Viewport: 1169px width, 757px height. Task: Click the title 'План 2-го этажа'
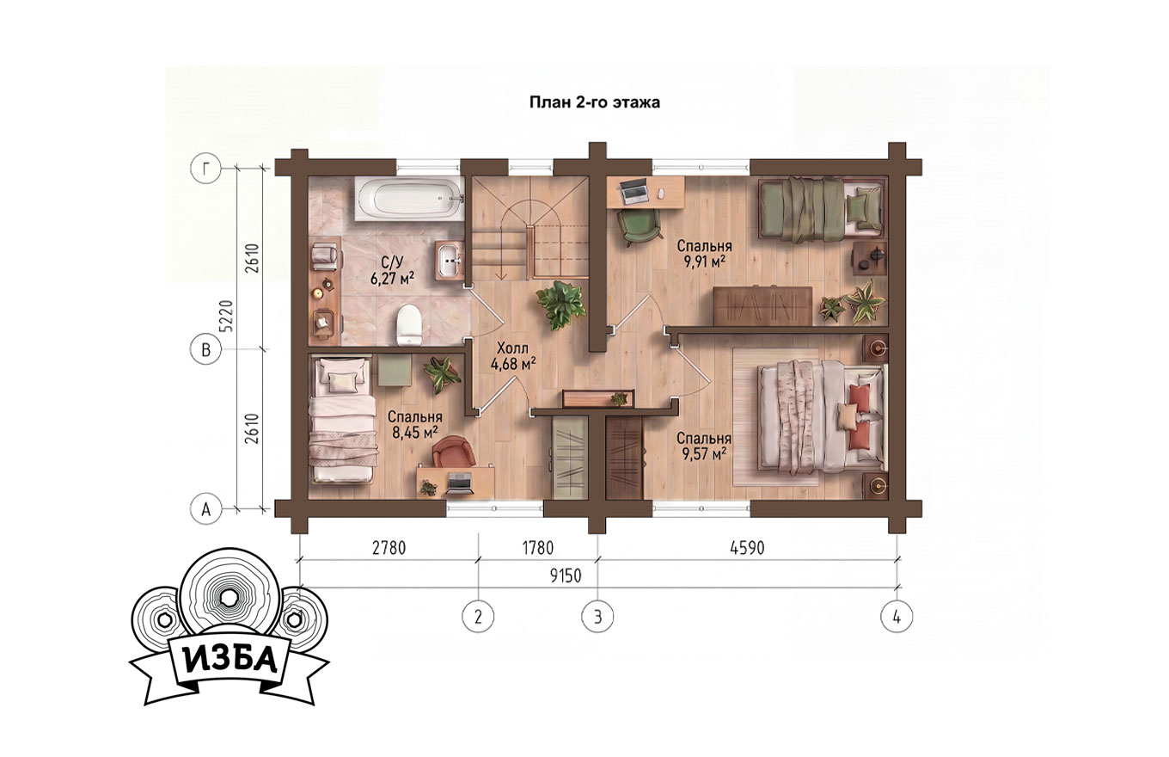click(x=595, y=102)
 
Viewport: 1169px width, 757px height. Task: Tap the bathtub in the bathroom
click(x=410, y=199)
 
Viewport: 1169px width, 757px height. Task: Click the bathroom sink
click(x=449, y=261)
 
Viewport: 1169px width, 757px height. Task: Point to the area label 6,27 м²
click(x=393, y=279)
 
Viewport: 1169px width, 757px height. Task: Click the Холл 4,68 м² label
click(x=513, y=356)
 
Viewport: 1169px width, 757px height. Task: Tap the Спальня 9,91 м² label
click(x=704, y=253)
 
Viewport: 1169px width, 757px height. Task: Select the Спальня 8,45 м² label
click(x=415, y=425)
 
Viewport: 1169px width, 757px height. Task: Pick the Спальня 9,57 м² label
click(x=704, y=446)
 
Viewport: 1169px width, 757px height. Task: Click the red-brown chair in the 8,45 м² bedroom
click(x=454, y=452)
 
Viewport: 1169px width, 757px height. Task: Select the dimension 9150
click(x=566, y=575)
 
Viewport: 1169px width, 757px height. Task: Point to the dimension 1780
click(x=537, y=548)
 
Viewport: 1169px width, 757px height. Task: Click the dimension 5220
click(x=226, y=317)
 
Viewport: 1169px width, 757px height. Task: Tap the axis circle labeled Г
click(x=207, y=169)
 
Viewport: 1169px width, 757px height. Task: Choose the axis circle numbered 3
click(x=597, y=617)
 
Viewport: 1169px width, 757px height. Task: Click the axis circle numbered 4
click(x=897, y=617)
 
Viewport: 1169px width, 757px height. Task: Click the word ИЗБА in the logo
click(x=230, y=660)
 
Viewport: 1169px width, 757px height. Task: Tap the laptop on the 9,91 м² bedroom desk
click(x=633, y=192)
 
